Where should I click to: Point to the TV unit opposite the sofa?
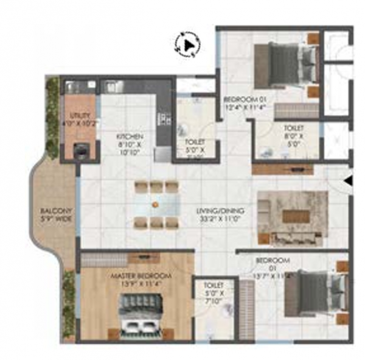pos(282,169)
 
